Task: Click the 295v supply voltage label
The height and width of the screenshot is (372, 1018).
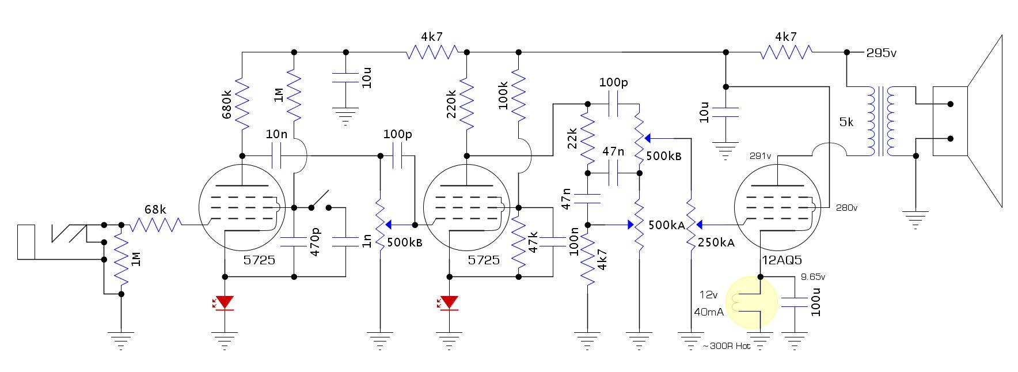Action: click(882, 53)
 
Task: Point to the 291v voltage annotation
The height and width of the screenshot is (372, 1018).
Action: click(759, 155)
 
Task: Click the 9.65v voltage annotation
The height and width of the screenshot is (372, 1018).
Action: click(813, 277)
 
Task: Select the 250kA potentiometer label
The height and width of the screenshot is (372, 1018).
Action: click(716, 242)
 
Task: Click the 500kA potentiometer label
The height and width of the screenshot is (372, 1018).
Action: click(667, 225)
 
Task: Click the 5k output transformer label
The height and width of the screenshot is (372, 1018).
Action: click(846, 123)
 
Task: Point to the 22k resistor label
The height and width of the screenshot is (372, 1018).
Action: click(572, 139)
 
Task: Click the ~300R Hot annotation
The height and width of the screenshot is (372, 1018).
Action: click(727, 347)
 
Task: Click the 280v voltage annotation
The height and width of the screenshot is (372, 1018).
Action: click(846, 207)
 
